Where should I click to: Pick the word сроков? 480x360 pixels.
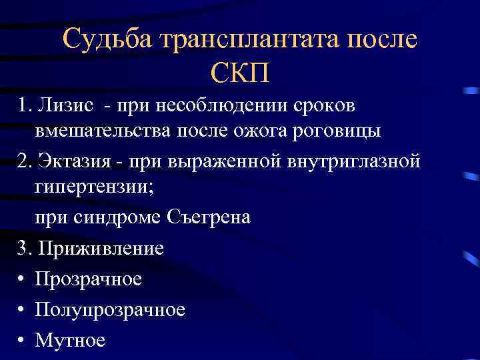(x=324, y=106)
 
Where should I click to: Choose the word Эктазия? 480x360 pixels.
(x=73, y=161)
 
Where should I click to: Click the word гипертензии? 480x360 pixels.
(x=93, y=187)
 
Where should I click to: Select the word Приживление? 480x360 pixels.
(x=101, y=249)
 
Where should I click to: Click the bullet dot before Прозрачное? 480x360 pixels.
(x=22, y=279)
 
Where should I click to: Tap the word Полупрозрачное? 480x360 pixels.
(x=110, y=310)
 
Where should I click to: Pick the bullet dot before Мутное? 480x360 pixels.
(x=22, y=341)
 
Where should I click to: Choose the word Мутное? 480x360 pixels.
(x=70, y=341)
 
